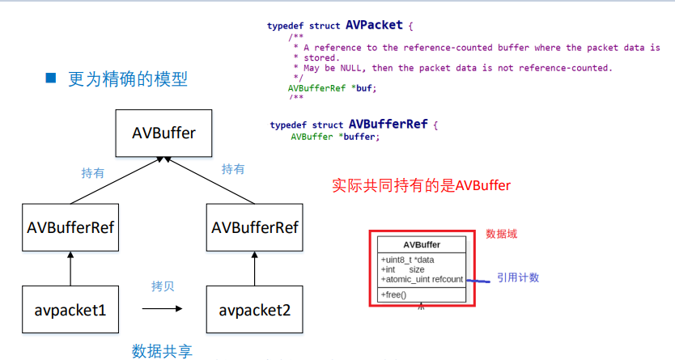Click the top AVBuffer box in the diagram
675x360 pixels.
163,133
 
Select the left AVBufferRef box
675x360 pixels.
70,227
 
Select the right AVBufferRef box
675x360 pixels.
254,227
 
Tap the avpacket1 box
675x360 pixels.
70,310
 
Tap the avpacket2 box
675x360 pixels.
254,310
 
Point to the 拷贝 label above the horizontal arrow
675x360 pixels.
163,287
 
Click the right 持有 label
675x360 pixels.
233,169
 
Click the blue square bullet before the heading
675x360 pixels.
50,78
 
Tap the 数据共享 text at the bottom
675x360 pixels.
163,350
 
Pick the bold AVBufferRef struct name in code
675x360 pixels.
387,125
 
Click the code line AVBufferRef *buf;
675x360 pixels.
332,87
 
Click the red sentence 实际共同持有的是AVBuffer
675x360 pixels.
421,185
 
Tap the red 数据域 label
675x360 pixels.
501,234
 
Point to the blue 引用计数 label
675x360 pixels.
518,277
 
